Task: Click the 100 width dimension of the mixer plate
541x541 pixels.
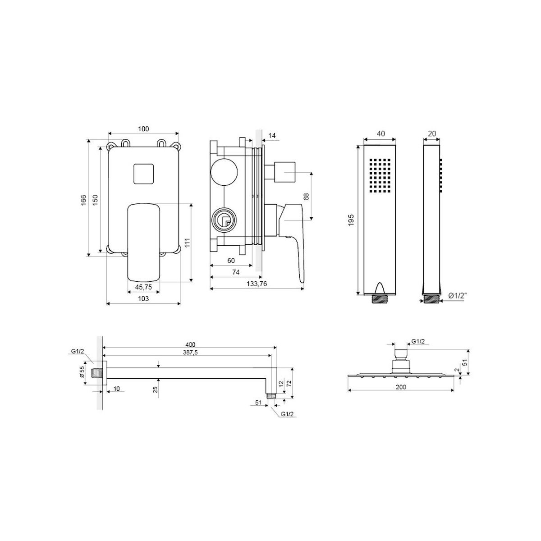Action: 143,129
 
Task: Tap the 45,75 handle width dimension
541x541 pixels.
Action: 143,287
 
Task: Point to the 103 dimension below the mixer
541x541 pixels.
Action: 143,298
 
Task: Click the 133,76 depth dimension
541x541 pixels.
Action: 257,284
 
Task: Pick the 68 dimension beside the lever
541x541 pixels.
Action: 306,196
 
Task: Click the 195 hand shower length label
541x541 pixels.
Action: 351,220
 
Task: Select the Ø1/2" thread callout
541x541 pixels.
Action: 457,295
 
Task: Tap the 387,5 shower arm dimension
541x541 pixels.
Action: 190,353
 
